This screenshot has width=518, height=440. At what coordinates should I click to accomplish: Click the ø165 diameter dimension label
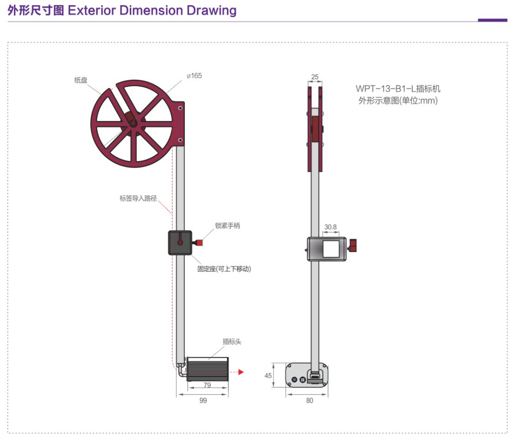click(x=194, y=76)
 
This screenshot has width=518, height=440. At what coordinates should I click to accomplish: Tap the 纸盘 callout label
click(x=81, y=80)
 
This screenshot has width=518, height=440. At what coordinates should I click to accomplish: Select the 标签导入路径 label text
click(x=138, y=198)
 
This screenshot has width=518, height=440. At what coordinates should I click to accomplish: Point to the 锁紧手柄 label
click(x=227, y=226)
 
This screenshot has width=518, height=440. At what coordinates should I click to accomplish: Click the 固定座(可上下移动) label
click(x=224, y=269)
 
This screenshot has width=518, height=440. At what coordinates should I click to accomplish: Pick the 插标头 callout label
click(x=232, y=342)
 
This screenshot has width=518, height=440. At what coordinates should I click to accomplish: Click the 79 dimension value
click(x=207, y=385)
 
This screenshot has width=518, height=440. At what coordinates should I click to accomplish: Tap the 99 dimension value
click(x=203, y=400)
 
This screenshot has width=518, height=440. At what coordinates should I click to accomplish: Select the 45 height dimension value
click(x=268, y=376)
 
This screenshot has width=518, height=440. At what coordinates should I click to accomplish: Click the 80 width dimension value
click(x=310, y=400)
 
